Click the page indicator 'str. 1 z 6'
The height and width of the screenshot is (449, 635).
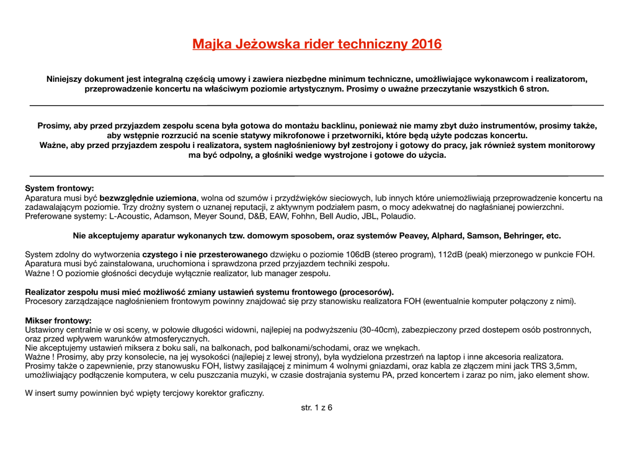[317, 408]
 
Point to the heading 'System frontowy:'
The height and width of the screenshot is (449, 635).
[60, 188]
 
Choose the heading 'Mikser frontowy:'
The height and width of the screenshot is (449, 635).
[58, 321]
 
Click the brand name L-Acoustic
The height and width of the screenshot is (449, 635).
[130, 217]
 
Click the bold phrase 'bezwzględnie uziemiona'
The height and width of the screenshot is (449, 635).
[148, 198]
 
